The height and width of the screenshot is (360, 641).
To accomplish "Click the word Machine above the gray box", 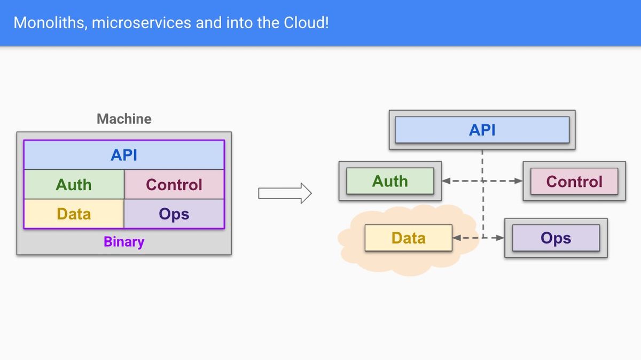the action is (124, 119).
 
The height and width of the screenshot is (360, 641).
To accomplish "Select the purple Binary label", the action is (124, 242).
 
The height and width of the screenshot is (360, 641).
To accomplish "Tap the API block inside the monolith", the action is (124, 155).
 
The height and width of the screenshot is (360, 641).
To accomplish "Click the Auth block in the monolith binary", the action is (74, 184).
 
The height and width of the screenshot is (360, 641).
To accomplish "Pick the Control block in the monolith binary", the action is (174, 184).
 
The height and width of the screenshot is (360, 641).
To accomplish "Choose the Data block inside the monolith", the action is (74, 214).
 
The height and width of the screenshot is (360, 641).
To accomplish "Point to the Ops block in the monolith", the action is (174, 214).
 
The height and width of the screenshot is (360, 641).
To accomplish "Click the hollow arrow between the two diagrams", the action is (285, 193).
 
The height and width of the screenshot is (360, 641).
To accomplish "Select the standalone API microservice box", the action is (482, 130).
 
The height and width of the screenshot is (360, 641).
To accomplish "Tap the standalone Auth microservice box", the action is (390, 181).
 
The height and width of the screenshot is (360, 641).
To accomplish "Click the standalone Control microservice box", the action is (574, 181).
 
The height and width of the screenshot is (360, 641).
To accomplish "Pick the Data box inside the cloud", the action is (409, 238).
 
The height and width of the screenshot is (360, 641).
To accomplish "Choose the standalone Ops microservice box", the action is (556, 238).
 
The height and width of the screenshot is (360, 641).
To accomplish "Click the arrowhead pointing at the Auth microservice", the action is (446, 181).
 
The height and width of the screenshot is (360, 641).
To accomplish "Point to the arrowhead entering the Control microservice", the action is (519, 181).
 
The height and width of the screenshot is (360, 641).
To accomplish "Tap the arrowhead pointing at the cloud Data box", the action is (457, 238).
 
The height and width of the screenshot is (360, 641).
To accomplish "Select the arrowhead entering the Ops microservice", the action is (500, 238).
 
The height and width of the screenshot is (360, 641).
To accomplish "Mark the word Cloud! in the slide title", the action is (306, 22).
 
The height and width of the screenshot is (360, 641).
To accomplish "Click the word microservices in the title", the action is (142, 23).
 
